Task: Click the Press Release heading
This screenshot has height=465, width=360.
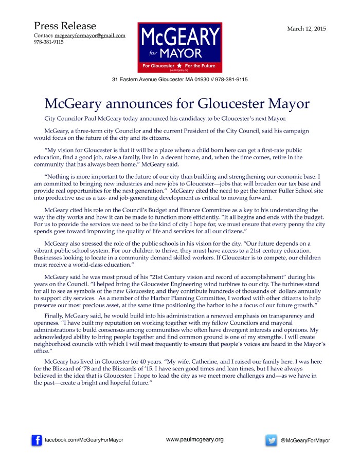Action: coord(65,26)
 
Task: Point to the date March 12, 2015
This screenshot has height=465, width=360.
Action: coord(307,29)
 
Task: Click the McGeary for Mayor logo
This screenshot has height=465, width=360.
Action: coord(179,47)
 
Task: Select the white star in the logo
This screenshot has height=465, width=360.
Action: coord(179,66)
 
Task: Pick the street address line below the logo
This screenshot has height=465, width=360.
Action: coord(180,80)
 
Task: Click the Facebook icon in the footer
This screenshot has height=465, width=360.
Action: coord(37,440)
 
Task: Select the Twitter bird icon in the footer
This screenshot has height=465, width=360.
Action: coord(271,440)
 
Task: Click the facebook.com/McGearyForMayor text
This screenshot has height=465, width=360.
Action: coord(84,440)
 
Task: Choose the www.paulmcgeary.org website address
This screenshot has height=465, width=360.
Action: coord(194,439)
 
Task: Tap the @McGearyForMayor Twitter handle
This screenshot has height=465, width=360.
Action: coord(305,440)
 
